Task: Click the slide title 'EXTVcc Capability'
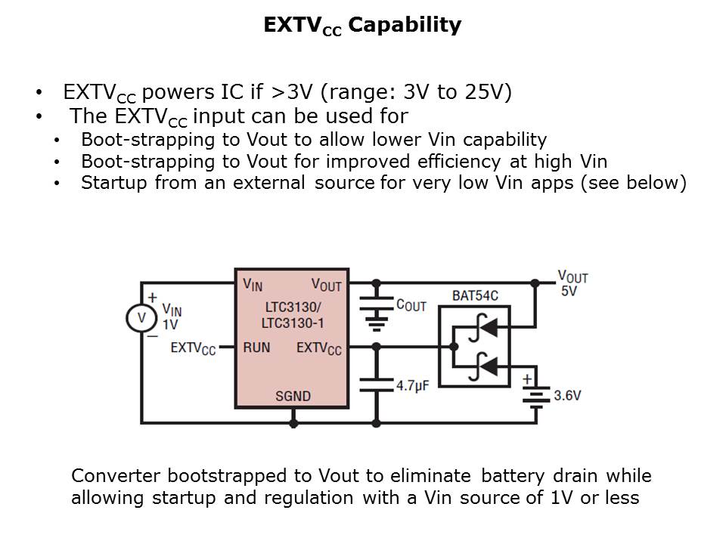[362, 26]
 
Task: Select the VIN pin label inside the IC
[253, 284]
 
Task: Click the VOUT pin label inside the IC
[326, 284]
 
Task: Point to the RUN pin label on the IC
[256, 348]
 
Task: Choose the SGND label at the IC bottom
[292, 397]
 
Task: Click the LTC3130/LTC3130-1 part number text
[292, 316]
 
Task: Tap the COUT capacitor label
[411, 305]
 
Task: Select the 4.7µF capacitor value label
[413, 385]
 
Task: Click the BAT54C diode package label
[476, 296]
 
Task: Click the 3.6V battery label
[568, 395]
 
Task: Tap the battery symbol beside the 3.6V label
[536, 395]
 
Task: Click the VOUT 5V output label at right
[572, 283]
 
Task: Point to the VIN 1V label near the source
[172, 317]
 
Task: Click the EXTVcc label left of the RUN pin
[193, 348]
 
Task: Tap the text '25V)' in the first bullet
[486, 92]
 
